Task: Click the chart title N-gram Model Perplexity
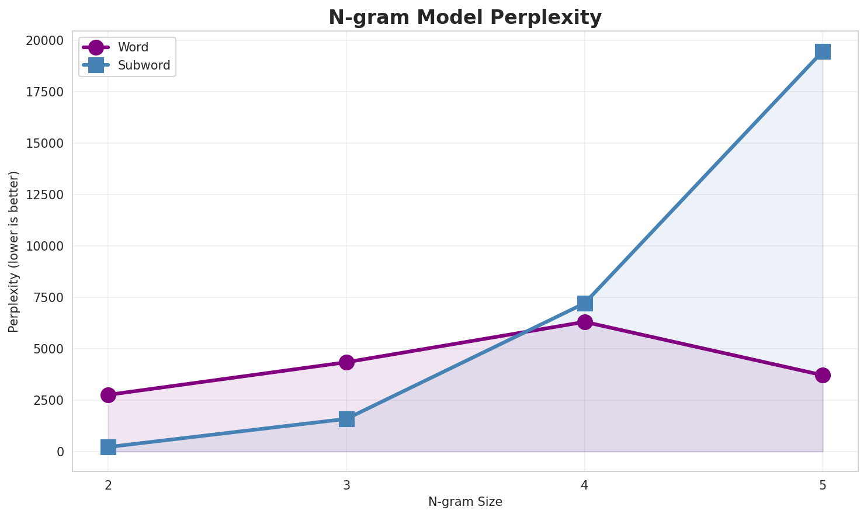click(464, 18)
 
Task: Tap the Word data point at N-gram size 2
click(108, 395)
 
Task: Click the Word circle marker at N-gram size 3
click(346, 362)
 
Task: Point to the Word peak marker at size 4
click(585, 322)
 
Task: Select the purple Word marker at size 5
click(823, 375)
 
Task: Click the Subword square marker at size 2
click(108, 447)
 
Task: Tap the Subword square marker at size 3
click(346, 419)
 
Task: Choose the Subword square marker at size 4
click(585, 303)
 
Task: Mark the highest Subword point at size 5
click(823, 51)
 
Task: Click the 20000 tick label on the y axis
click(45, 41)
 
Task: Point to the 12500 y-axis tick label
click(45, 195)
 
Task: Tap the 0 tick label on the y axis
click(60, 452)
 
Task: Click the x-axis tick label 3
click(346, 485)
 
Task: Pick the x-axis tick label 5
click(823, 485)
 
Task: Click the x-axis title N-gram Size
click(465, 502)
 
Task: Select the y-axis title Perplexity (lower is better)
click(14, 251)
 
